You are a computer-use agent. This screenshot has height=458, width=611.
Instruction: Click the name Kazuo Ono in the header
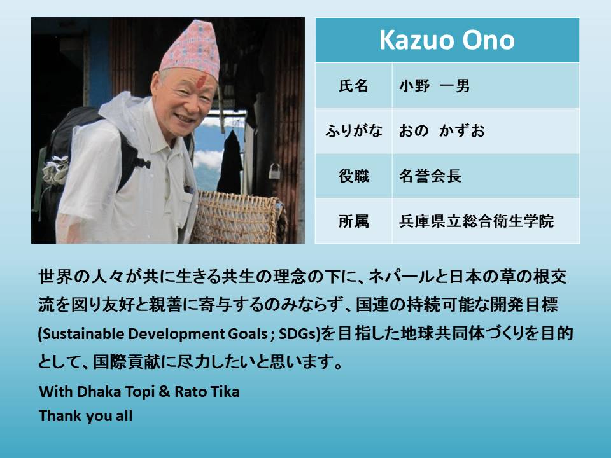coord(447,40)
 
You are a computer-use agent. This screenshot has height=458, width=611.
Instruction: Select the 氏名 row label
coord(353,86)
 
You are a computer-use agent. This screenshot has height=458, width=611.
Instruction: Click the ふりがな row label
coord(353,131)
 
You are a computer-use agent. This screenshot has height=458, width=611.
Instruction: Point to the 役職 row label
coord(353,176)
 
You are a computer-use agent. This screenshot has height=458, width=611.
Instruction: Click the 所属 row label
coord(353,221)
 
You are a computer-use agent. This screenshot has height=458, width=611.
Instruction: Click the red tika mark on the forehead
coord(202,82)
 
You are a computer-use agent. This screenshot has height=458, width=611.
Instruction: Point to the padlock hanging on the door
coord(274,171)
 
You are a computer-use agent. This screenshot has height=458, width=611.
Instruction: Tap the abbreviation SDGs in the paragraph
coord(298,334)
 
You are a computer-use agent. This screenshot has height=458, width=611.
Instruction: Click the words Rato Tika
coord(207,391)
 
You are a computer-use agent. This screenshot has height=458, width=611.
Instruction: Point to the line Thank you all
coord(86,416)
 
